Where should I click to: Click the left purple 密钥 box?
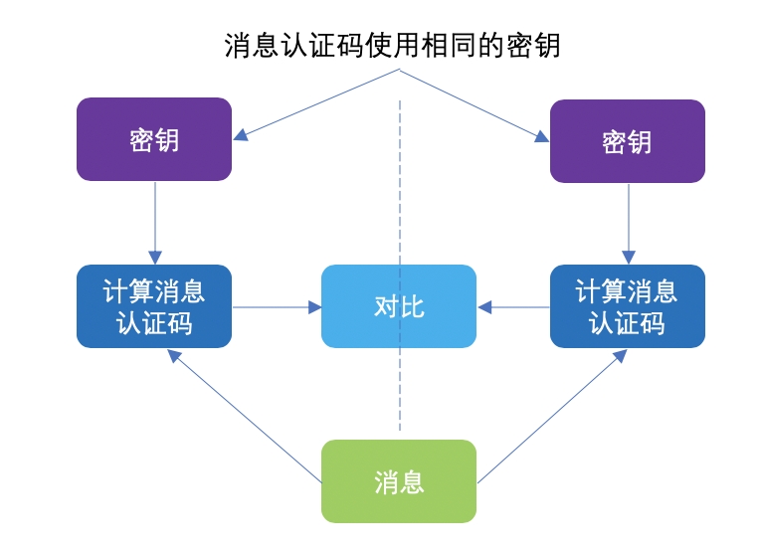coord(154,139)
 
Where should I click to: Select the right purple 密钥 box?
coord(627,141)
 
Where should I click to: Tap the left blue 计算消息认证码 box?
coord(154,306)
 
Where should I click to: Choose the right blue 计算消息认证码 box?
coord(627,306)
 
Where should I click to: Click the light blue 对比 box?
coord(398,306)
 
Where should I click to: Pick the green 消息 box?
coord(398,481)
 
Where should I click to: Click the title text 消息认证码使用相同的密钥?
coord(392,46)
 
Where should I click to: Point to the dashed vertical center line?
coord(400,199)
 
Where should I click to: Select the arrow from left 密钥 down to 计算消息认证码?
coord(155,223)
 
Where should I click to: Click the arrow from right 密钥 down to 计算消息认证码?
coord(629,225)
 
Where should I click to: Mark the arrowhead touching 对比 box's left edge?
coord(314,307)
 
